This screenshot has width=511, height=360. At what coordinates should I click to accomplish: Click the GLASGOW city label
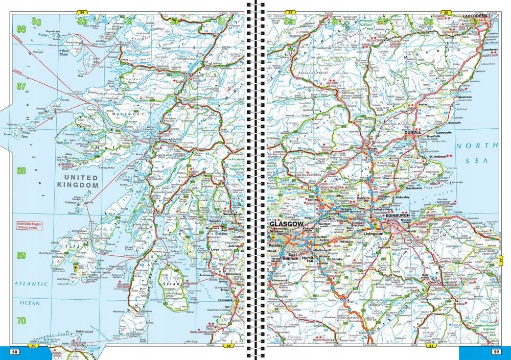287,224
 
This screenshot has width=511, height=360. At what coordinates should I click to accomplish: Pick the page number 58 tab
15,351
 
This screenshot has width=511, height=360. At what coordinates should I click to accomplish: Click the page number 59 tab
496,351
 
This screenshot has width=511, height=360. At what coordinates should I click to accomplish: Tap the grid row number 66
21,29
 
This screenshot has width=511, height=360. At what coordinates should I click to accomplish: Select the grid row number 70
21,321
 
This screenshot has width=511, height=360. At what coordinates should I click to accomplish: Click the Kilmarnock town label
278,280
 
